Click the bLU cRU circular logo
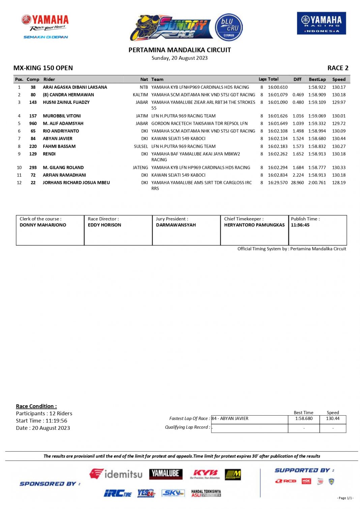229,27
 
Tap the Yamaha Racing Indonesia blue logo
321,23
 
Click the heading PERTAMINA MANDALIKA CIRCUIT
180,50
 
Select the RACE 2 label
338,68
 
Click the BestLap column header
317,80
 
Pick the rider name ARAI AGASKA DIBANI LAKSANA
75,87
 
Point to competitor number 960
33,124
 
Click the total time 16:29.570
278,183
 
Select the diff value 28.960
297,183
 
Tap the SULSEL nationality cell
141,147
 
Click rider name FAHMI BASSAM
59,147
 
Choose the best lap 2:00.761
317,183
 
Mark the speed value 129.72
339,124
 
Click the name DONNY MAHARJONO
43,225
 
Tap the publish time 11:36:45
300,225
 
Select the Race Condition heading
36,406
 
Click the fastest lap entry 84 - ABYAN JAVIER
230,419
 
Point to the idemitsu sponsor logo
116,474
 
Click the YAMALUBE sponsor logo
166,474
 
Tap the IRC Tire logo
118,493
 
